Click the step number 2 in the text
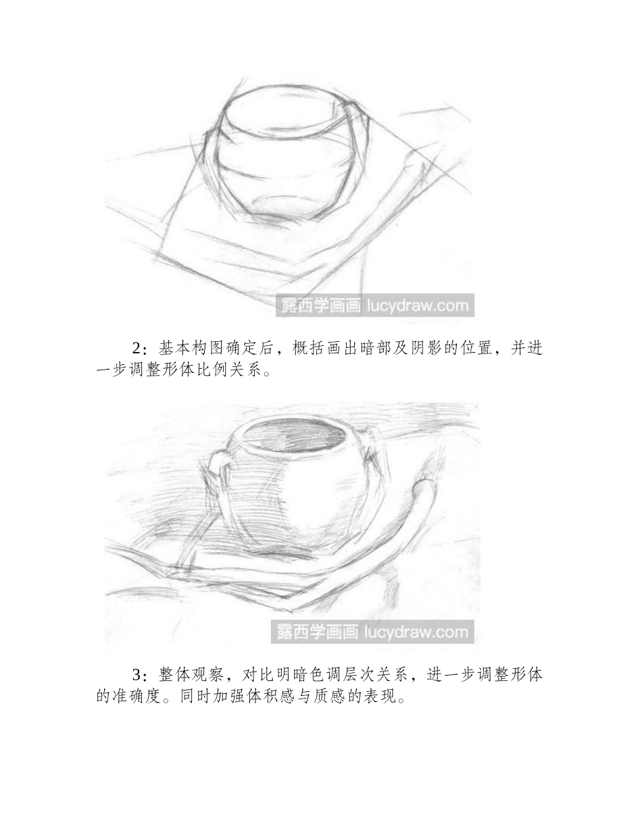(138, 349)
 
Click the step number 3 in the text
(138, 675)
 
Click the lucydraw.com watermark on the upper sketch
(417, 305)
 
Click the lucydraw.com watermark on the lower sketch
(417, 632)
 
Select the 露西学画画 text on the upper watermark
(320, 305)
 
